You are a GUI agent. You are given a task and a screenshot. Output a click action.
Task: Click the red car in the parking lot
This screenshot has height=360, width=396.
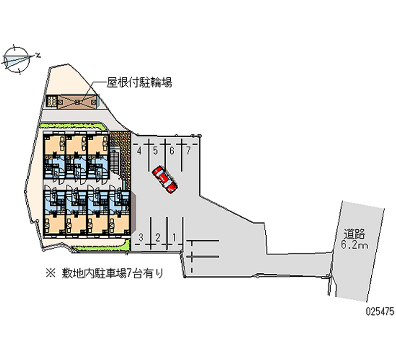pos(164,179)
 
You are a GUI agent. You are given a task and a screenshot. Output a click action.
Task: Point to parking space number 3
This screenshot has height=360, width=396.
pos(141,237)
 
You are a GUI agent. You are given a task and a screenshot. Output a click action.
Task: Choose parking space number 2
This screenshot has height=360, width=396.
pos(157,237)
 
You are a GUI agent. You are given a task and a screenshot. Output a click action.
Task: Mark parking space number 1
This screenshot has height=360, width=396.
pos(174,237)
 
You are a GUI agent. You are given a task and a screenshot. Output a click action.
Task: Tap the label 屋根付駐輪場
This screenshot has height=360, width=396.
pos(140,83)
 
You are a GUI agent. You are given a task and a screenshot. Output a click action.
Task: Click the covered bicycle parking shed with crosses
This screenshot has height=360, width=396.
pos(76,101)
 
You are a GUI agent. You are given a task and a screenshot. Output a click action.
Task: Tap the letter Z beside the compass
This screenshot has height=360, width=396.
pos(38,55)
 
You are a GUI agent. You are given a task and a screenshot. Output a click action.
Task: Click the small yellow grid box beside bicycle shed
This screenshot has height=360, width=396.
pos(51,101)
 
